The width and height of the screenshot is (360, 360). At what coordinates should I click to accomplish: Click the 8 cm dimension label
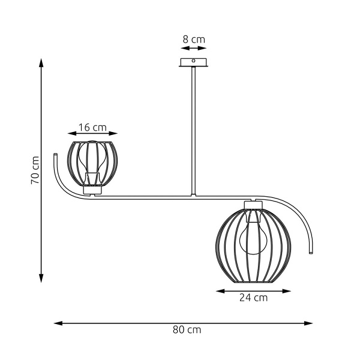[x=193, y=40]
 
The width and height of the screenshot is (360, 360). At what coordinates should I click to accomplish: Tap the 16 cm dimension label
[x=92, y=127]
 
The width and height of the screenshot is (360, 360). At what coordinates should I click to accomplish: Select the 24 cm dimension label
[x=253, y=298]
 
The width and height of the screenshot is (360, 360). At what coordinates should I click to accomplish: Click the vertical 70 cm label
[x=35, y=170]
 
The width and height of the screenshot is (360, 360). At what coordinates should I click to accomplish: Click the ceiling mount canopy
[x=193, y=62]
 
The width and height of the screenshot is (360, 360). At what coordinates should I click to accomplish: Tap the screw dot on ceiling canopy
[x=193, y=61]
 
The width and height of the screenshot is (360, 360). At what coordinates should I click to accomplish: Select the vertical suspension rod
[x=193, y=132]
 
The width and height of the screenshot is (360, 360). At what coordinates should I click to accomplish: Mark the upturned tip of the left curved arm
[x=53, y=155]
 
